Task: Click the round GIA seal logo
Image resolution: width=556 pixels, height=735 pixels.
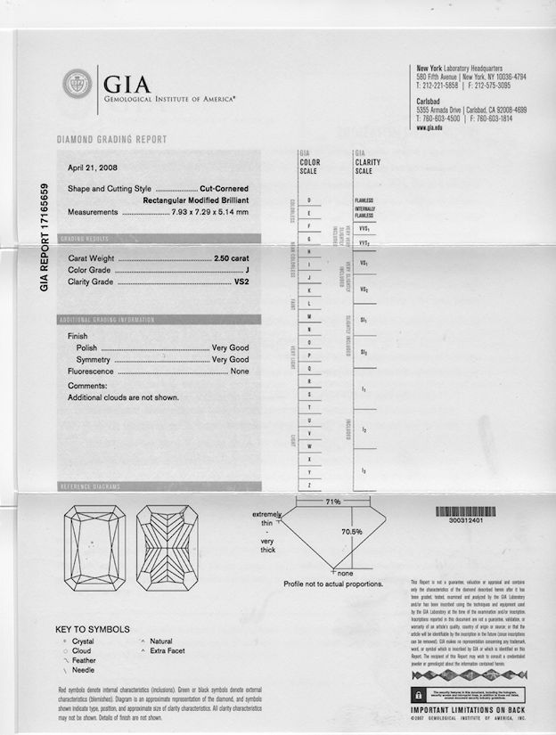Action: coord(77,86)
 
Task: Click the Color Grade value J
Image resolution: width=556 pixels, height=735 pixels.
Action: coord(246,270)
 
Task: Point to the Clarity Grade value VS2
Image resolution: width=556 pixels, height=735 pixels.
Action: coord(241,282)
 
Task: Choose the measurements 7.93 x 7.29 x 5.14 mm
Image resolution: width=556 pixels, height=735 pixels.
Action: coord(209,213)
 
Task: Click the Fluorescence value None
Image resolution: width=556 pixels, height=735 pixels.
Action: coord(240,371)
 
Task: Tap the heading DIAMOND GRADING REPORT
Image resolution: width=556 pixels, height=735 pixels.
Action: coord(111,140)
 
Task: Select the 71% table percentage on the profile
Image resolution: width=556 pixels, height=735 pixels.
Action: coord(332,502)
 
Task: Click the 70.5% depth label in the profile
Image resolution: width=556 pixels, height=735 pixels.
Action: coord(352,532)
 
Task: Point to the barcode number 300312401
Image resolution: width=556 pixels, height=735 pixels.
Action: coord(459,520)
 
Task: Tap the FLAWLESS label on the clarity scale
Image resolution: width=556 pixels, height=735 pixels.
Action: coord(364,200)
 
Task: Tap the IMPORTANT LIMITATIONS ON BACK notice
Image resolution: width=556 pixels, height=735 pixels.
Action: coord(466,711)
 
